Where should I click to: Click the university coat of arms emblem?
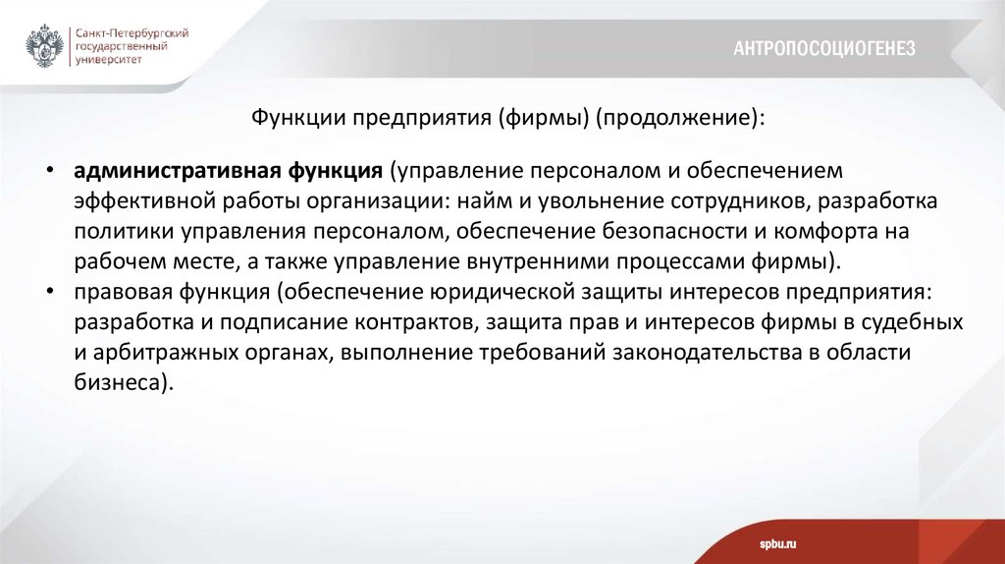[44, 46]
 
